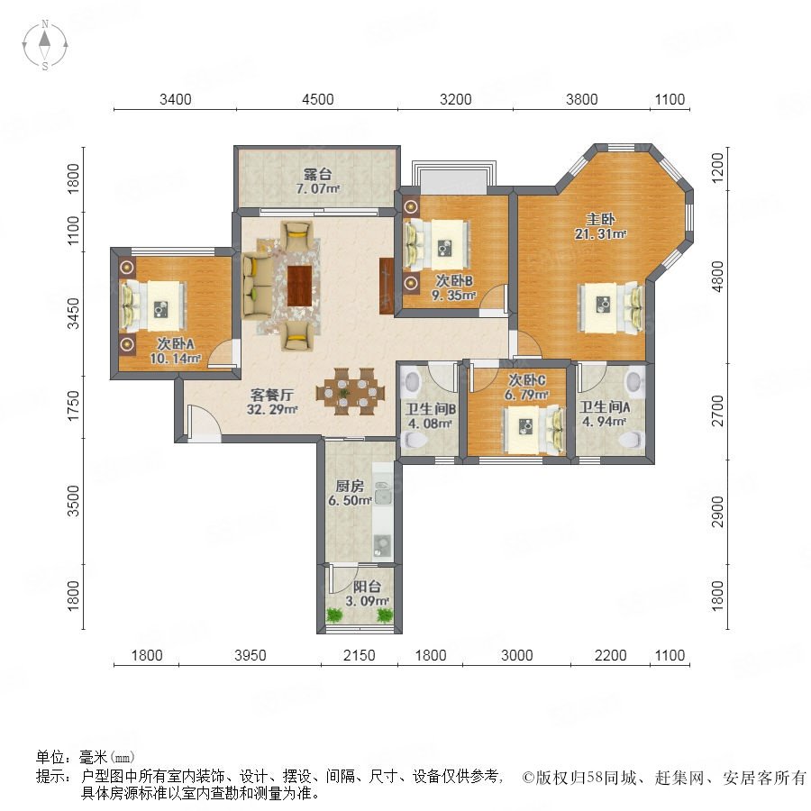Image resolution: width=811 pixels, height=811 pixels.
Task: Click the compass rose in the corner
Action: pyautogui.click(x=45, y=45)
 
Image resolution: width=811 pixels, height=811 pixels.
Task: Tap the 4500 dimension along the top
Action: pyautogui.click(x=317, y=99)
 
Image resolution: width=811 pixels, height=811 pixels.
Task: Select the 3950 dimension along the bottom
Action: pyautogui.click(x=251, y=655)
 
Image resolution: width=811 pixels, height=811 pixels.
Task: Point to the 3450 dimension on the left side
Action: pyautogui.click(x=75, y=313)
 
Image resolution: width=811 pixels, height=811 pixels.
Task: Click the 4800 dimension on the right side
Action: pyautogui.click(x=718, y=277)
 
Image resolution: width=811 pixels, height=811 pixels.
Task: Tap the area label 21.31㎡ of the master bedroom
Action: pyautogui.click(x=600, y=234)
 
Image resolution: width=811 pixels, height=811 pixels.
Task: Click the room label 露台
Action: pyautogui.click(x=317, y=174)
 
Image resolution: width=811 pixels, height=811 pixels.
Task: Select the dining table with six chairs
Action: pyautogui.click(x=351, y=392)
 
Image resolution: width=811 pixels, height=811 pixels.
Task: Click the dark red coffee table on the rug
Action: pyautogui.click(x=299, y=286)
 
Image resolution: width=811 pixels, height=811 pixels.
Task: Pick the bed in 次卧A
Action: pyautogui.click(x=153, y=305)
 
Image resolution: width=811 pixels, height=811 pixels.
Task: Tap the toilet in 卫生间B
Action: pyautogui.click(x=415, y=440)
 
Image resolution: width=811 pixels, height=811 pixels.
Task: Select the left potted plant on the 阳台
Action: pyautogui.click(x=334, y=615)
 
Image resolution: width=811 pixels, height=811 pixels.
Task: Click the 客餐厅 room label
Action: pyautogui.click(x=272, y=396)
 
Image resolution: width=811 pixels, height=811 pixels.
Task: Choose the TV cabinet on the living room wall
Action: pyautogui.click(x=387, y=286)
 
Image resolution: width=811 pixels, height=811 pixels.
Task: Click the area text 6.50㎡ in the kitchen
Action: pyautogui.click(x=350, y=501)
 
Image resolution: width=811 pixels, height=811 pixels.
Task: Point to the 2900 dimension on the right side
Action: pyautogui.click(x=718, y=512)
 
